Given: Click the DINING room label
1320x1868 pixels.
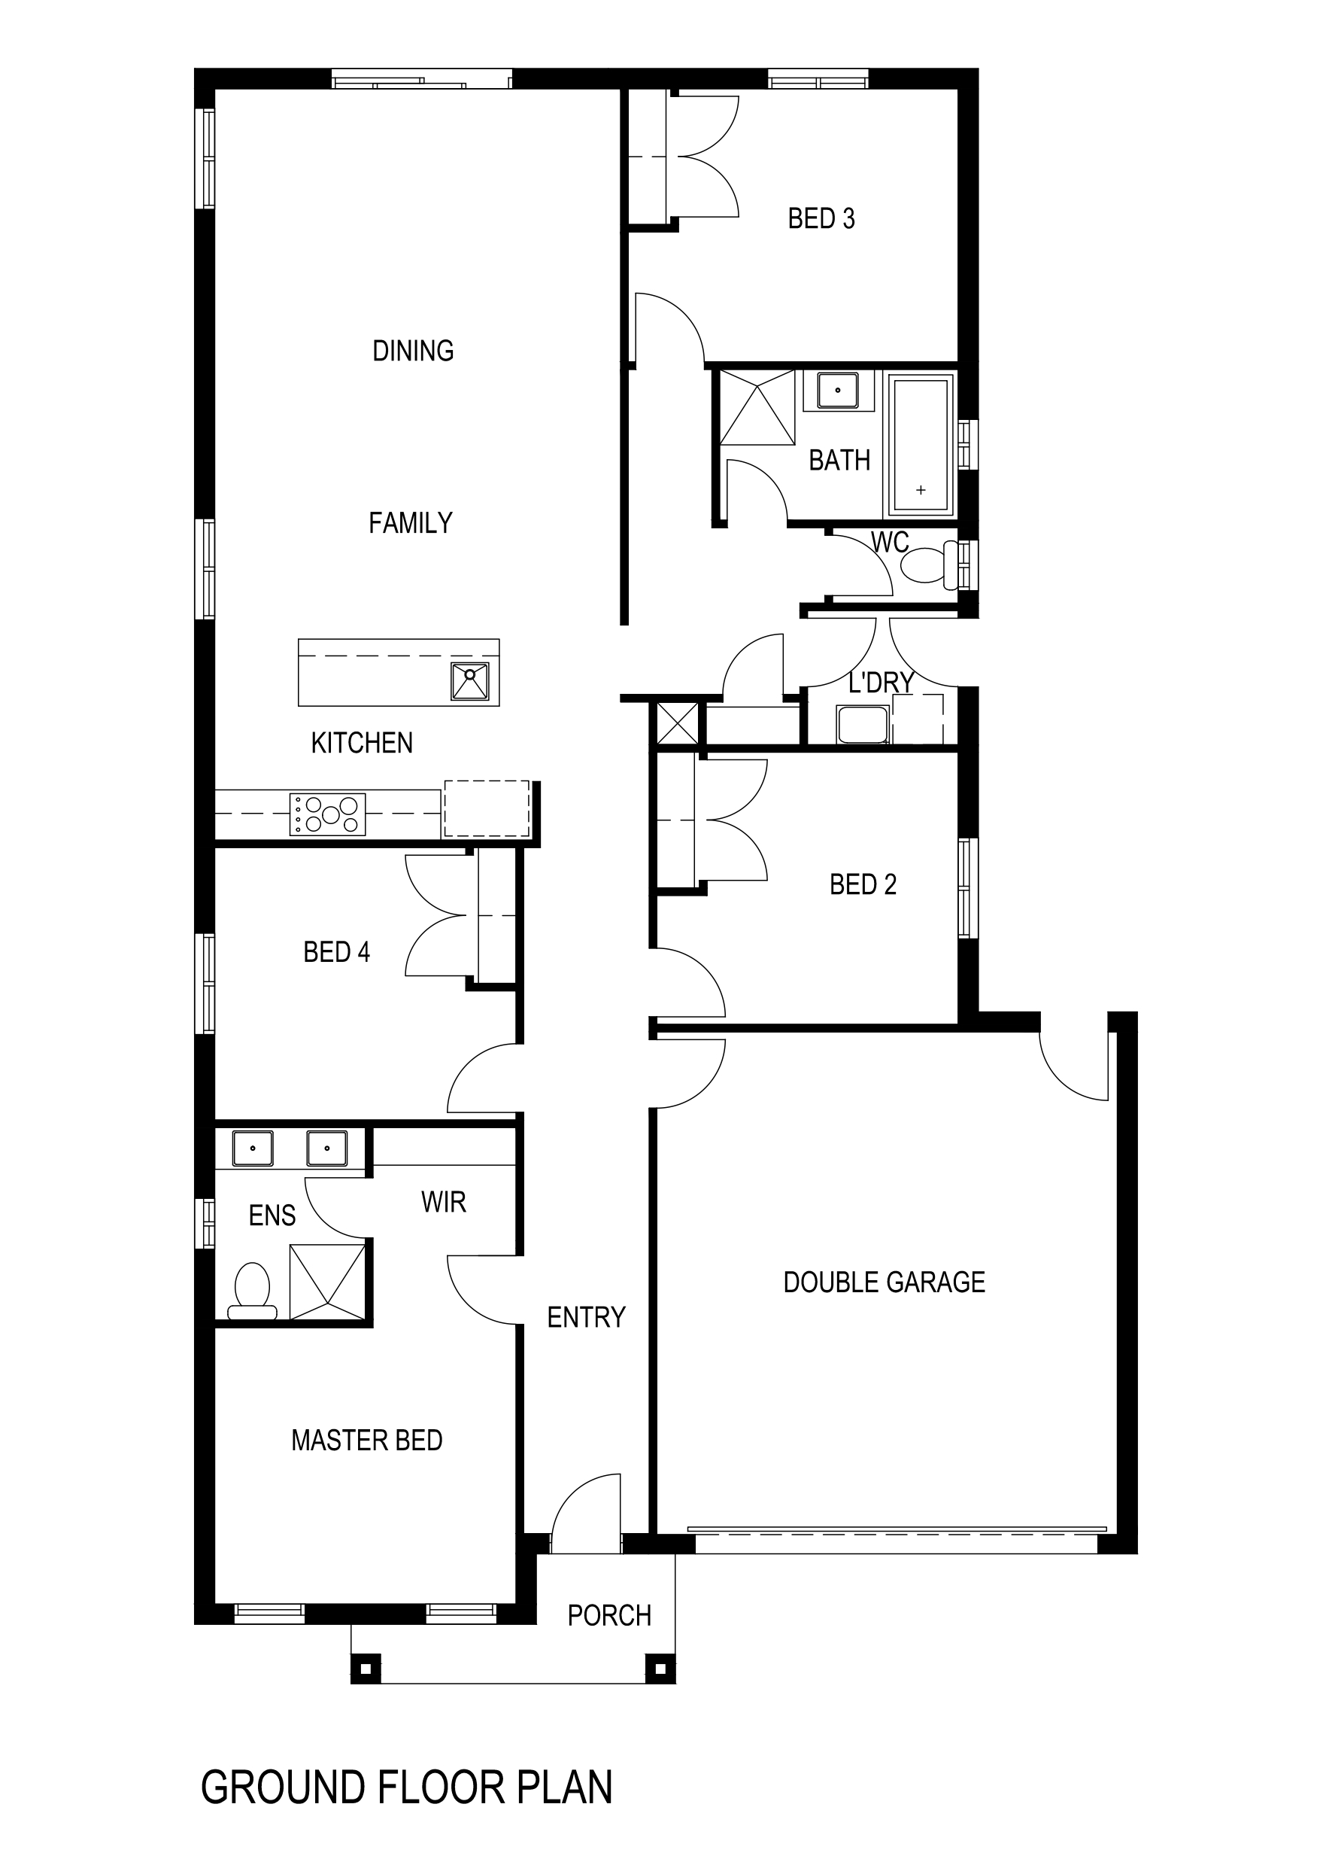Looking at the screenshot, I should coord(412,351).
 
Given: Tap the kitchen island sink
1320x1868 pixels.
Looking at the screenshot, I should coord(470,681).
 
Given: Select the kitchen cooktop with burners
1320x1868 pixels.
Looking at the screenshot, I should coord(328,814).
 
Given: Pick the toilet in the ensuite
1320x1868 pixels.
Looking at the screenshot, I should coord(252,1290).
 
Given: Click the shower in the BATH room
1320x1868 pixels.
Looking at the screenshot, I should coord(757,407).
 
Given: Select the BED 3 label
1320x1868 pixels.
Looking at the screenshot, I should coord(821,219).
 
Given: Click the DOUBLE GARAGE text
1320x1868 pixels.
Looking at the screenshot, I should coord(884,1282).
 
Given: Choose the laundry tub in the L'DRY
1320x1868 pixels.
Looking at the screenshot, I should coord(862,724).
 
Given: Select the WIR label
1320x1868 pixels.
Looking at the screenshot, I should coord(443,1202).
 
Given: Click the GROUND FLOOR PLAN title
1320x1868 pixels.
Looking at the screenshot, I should coord(406,1787).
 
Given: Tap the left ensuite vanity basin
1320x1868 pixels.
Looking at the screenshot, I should coord(253,1148).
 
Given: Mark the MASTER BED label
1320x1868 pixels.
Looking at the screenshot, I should coord(367,1440).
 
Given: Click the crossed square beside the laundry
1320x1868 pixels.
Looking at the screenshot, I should coord(677,723).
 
